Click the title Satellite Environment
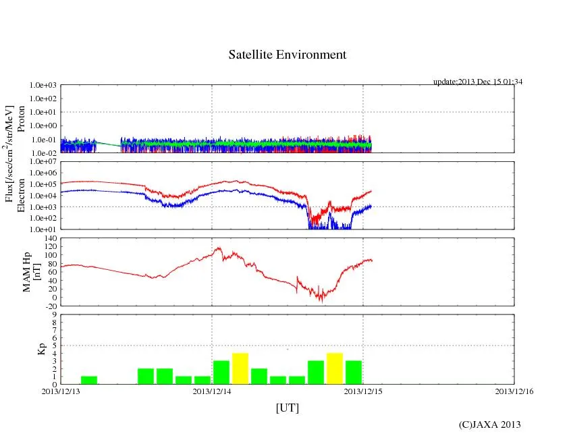[x=287, y=55]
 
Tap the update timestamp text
[x=478, y=82]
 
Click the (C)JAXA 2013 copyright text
[x=489, y=424]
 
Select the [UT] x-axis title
[x=287, y=408]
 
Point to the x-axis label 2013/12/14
[x=212, y=391]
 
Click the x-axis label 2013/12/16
[x=514, y=391]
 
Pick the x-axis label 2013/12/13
[x=61, y=391]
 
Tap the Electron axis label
[x=21, y=196]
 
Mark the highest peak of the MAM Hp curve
[x=218, y=248]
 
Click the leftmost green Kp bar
[x=89, y=380]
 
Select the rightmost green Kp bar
[x=354, y=372]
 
